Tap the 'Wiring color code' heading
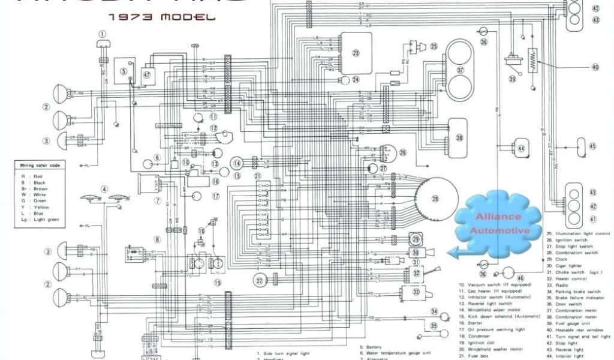pos(40,165)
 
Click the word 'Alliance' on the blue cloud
pos(490,217)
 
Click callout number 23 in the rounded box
pos(356,53)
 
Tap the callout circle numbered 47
pos(148,74)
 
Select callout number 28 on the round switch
pos(435,199)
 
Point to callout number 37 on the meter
pos(460,70)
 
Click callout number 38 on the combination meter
pos(459,137)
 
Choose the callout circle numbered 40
pos(595,67)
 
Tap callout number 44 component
pos(521,148)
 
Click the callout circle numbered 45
pos(592,146)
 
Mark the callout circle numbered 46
pos(520,278)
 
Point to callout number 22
pos(259,280)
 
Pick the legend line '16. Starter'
pos(471,323)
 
